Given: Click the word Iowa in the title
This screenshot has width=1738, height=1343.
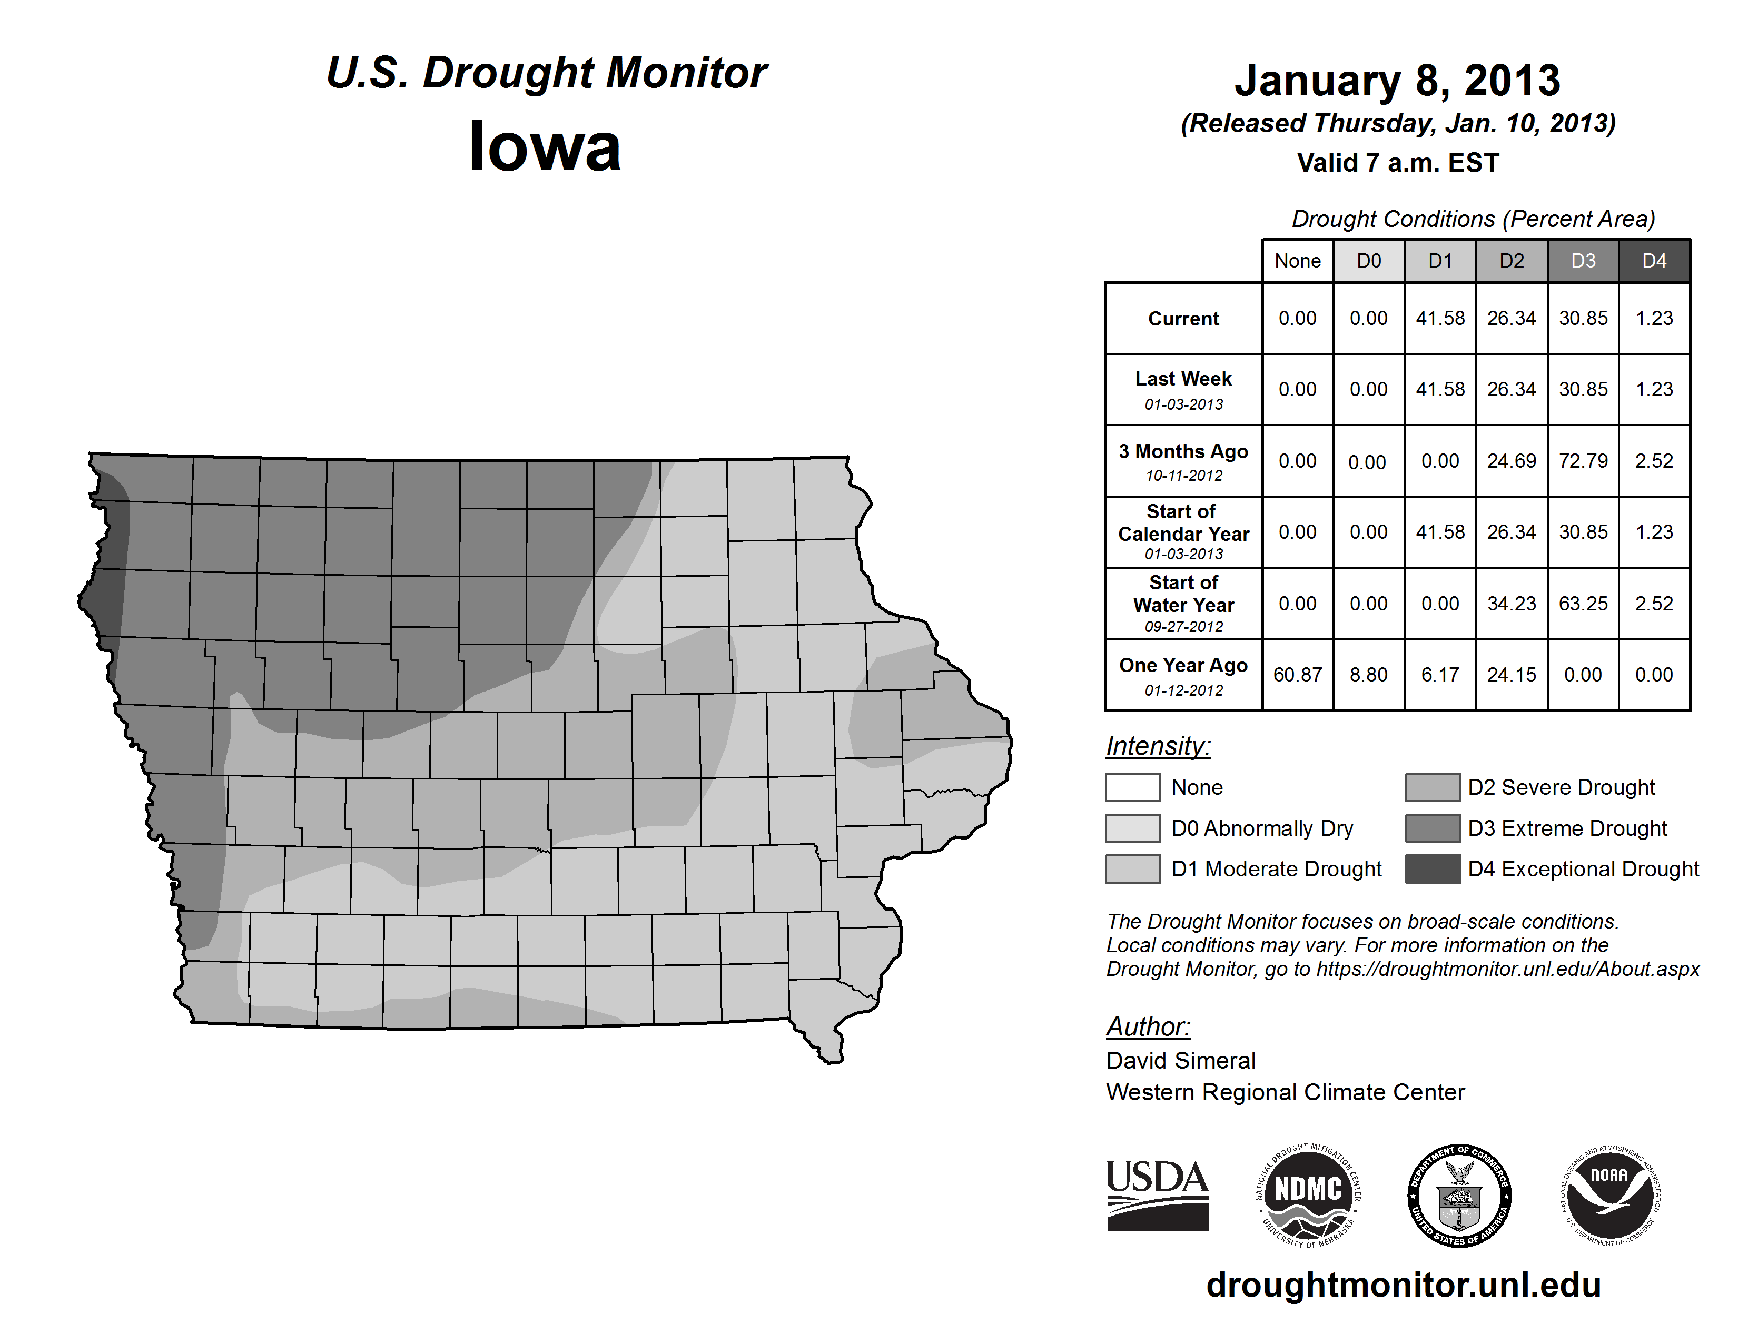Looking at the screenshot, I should pos(545,147).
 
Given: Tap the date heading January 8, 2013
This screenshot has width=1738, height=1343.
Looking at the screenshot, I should pos(1397,81).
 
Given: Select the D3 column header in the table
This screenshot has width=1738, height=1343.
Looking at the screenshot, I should pos(1583,261).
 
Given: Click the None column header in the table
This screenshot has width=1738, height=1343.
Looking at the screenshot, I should pos(1297,261).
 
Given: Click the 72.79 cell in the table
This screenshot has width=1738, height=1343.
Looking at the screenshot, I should pos(1583,461).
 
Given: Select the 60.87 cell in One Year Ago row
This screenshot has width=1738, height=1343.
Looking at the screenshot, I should pos(1297,675).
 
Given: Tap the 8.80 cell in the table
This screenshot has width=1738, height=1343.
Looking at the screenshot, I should pos(1369,675).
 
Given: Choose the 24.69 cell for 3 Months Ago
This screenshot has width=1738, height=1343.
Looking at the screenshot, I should pos(1511,461).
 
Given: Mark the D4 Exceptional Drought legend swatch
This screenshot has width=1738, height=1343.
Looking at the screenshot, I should pos(1433,869).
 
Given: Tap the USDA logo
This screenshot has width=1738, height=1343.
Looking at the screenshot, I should pos(1157,1195).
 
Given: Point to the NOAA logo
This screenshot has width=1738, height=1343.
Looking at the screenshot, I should pos(1610,1195).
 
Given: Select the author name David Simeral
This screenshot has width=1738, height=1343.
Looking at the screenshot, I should pos(1181,1061).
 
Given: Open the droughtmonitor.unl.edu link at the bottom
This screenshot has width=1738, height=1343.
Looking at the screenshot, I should pos(1404,1285).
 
